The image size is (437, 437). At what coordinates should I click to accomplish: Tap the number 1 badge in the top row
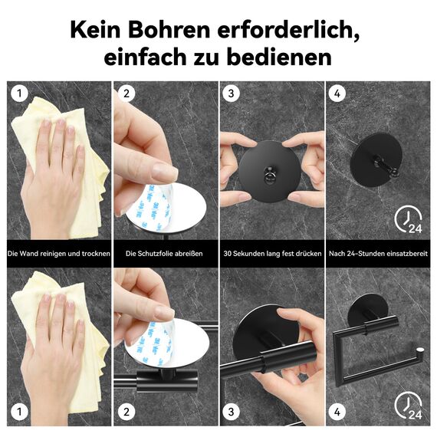pyautogui.click(x=20, y=95)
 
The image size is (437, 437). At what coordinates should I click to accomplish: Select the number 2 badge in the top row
pyautogui.click(x=127, y=95)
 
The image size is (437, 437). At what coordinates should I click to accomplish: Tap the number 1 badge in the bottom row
pyautogui.click(x=20, y=412)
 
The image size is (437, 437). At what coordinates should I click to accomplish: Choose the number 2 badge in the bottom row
pyautogui.click(x=127, y=412)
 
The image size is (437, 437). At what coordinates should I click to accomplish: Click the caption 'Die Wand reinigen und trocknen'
pyautogui.click(x=59, y=253)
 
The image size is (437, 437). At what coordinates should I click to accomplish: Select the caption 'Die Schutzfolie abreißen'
pyautogui.click(x=164, y=253)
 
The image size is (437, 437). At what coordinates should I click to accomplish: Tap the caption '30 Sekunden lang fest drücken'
pyautogui.click(x=271, y=253)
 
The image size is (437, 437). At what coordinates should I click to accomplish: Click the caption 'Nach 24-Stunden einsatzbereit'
pyautogui.click(x=378, y=253)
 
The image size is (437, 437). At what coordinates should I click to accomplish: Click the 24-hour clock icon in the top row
pyautogui.click(x=408, y=221)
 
